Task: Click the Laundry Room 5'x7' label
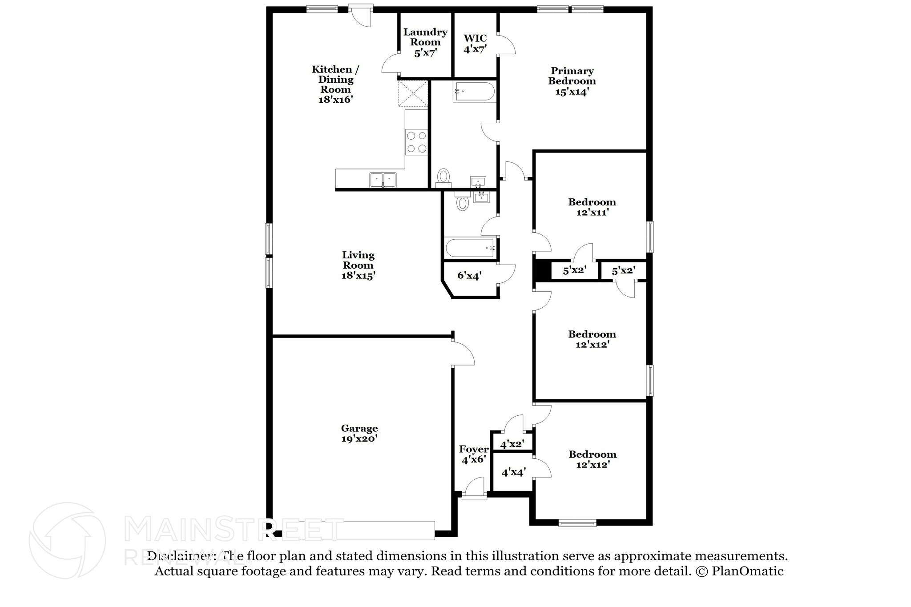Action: click(425, 43)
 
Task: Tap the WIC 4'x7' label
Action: click(475, 44)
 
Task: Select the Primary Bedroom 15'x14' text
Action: click(572, 81)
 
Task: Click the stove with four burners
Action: click(105, 142)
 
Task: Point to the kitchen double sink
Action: click(383, 180)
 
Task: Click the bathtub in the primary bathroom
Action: click(474, 92)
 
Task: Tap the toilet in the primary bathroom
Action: click(443, 177)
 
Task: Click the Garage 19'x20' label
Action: click(359, 434)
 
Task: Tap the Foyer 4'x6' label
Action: click(474, 454)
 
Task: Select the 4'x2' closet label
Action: click(512, 444)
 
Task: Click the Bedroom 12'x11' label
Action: click(592, 207)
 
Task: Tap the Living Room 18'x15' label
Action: click(358, 265)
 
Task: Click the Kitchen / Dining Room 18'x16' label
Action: click(335, 84)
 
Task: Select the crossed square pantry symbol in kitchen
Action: click(413, 93)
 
